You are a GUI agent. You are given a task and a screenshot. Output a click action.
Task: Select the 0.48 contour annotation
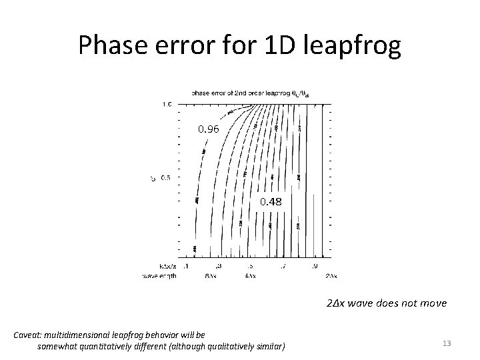point(271,201)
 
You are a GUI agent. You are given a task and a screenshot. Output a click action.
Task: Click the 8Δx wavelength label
point(211,276)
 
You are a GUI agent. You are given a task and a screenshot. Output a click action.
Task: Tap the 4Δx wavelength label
point(250,276)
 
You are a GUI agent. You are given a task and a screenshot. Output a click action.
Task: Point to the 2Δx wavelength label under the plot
point(329,276)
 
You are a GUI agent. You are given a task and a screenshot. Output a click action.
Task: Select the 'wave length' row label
point(159,276)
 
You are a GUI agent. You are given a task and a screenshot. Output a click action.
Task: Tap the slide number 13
point(447,343)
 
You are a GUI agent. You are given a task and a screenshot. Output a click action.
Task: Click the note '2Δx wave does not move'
point(387,303)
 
